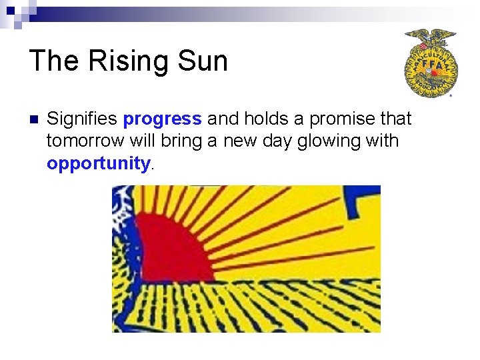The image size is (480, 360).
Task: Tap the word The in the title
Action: pos(53,61)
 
